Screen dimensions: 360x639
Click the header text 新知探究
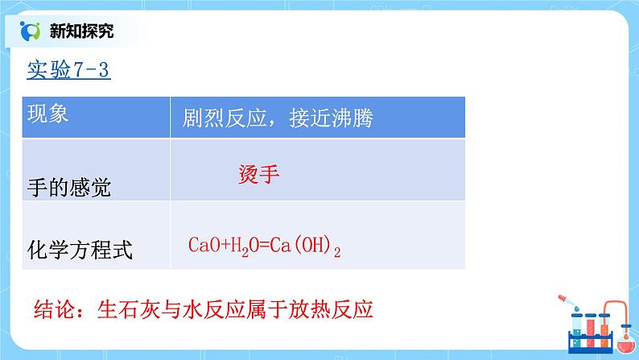click(x=81, y=31)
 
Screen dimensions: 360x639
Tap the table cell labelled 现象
click(x=48, y=113)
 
